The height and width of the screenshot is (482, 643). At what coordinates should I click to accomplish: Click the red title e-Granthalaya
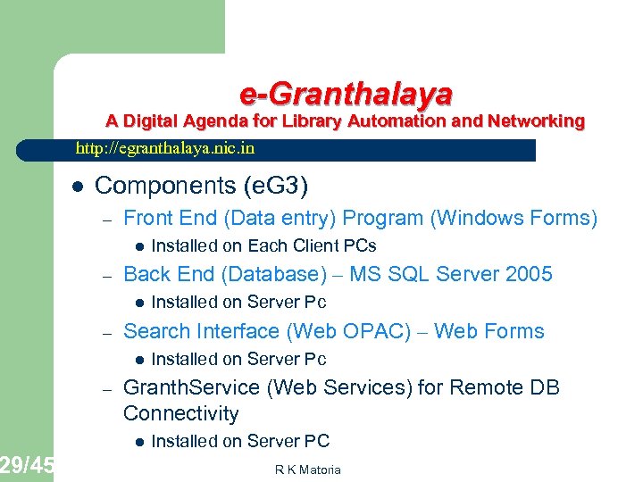click(x=346, y=94)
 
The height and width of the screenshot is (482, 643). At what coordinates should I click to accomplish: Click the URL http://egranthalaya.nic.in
click(x=165, y=148)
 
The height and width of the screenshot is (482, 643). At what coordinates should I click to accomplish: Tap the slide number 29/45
click(x=27, y=464)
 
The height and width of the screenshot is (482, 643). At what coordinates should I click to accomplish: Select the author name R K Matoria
click(x=307, y=470)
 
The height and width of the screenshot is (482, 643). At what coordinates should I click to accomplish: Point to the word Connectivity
click(x=181, y=413)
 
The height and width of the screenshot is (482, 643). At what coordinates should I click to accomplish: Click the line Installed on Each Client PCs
click(x=263, y=245)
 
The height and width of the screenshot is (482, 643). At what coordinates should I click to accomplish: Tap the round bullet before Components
click(x=78, y=187)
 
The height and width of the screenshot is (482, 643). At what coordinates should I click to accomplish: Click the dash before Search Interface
click(x=104, y=332)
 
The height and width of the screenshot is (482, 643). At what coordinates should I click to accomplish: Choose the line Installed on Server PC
click(x=240, y=441)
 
